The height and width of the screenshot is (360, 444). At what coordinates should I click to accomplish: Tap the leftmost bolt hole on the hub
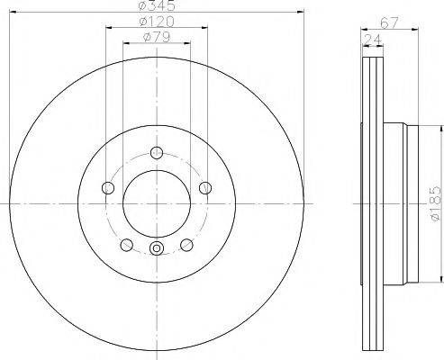(x=108, y=188)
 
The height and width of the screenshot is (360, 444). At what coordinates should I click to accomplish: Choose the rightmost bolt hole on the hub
(x=205, y=187)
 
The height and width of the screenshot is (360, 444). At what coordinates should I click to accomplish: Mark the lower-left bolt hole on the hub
(x=126, y=245)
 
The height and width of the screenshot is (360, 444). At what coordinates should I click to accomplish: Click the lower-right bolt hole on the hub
(x=187, y=245)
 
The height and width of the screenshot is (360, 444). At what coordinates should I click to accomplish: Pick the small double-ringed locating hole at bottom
(x=157, y=249)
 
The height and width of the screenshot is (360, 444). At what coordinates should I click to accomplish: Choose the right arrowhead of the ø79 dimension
(x=187, y=45)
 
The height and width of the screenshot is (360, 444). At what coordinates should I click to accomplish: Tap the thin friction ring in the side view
(x=369, y=198)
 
